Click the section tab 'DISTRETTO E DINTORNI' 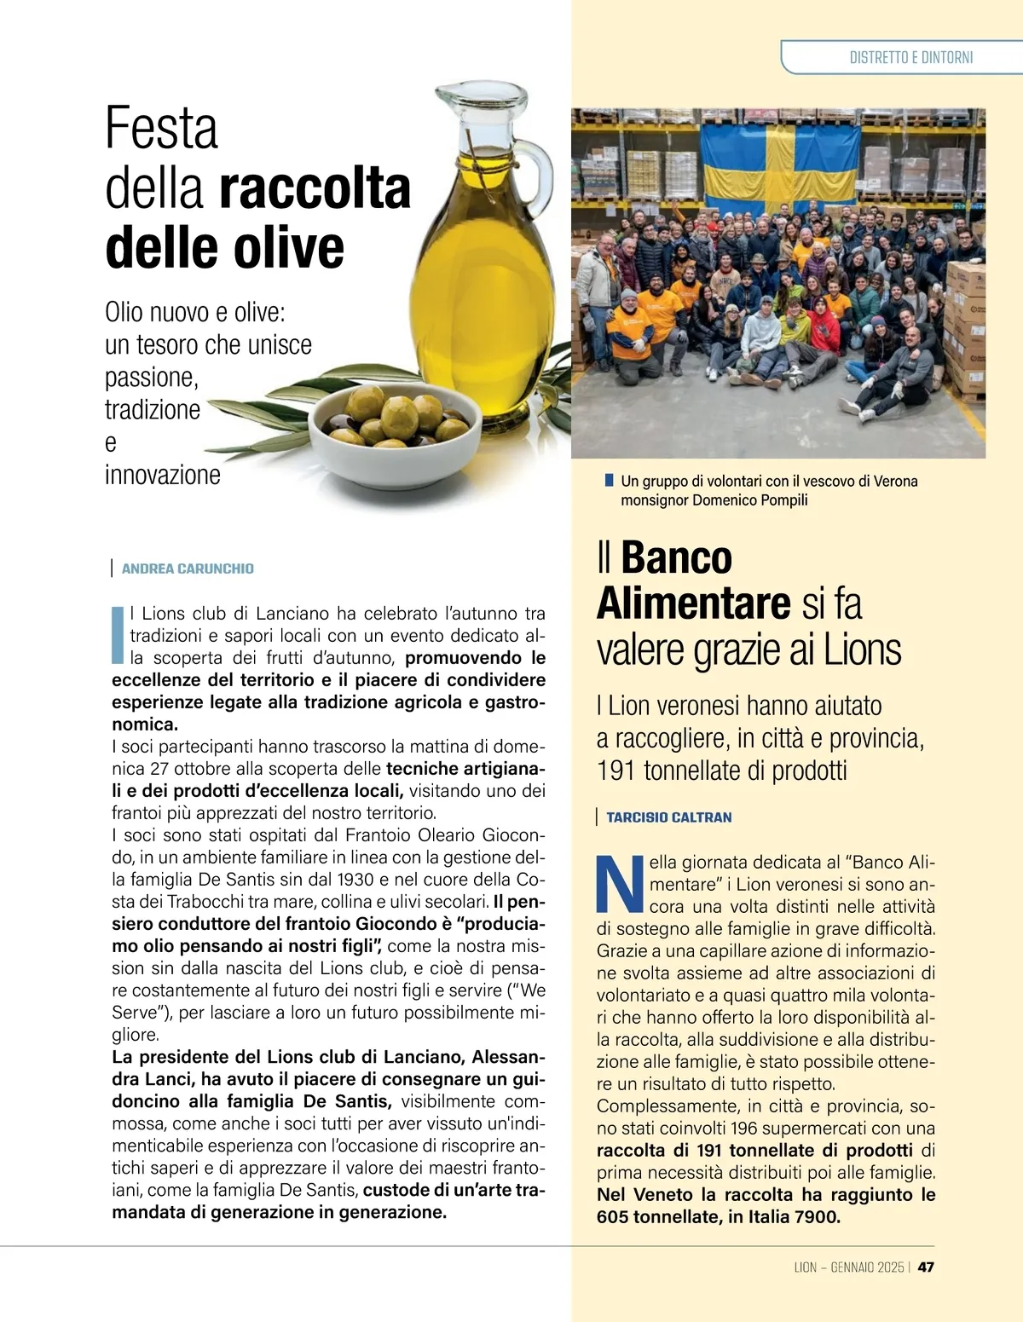pos(910,58)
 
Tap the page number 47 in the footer pos(926,1267)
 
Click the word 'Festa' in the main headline pos(161,129)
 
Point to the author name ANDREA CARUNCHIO pos(188,569)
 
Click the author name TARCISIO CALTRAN pos(668,817)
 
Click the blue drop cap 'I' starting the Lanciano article pos(118,635)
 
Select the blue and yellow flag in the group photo pos(779,170)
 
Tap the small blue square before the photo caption pos(609,481)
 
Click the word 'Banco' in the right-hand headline pos(676,558)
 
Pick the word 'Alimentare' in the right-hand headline pos(693,603)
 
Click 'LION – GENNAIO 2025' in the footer pos(848,1267)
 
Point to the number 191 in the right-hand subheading pos(616,771)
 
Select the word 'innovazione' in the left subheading pos(162,475)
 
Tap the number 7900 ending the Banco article pos(817,1217)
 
